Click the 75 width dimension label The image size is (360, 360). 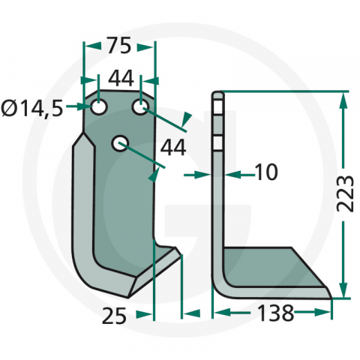[119, 46]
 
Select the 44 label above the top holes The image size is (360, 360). [119, 78]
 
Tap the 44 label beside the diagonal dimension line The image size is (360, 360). [173, 148]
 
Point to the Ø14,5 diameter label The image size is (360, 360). [32, 109]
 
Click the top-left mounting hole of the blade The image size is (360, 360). [98, 108]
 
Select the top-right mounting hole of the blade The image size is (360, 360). [140, 109]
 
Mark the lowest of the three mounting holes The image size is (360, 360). [119, 142]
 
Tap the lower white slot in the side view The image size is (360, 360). [218, 142]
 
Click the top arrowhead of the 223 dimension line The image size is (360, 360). [343, 97]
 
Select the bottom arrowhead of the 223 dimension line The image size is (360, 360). [343, 292]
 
